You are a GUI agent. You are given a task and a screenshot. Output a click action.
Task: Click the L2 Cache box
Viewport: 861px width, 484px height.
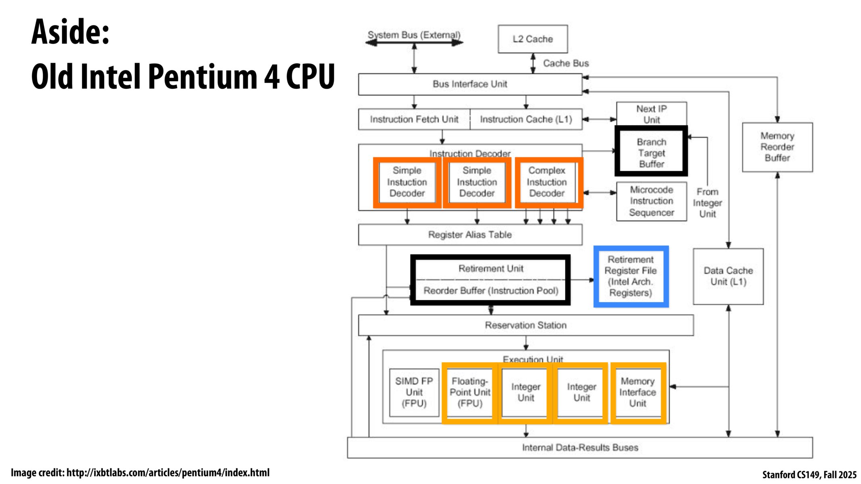pos(532,39)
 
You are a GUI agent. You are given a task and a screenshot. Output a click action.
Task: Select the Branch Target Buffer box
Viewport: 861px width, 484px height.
pos(651,152)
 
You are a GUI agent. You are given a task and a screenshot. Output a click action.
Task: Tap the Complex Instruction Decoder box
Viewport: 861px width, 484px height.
pos(547,182)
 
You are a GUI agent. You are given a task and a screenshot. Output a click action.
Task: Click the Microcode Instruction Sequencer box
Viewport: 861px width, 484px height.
pos(651,201)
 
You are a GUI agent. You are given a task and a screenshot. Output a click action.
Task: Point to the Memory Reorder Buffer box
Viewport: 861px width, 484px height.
pos(777,147)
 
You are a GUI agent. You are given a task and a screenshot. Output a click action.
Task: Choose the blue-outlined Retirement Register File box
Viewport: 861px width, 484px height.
pos(631,276)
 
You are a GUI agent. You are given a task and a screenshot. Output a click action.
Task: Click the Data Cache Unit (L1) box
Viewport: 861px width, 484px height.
pos(728,276)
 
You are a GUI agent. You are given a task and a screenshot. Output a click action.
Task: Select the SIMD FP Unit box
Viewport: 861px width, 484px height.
pos(414,392)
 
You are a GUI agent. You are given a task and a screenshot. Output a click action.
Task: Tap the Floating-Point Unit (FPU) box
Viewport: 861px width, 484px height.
pos(470,392)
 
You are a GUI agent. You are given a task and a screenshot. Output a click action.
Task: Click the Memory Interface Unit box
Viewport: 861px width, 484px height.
pos(637,392)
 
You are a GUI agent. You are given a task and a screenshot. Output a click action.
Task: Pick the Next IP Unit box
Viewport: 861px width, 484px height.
pos(651,114)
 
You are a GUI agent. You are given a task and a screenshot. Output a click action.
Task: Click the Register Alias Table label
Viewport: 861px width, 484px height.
pos(470,235)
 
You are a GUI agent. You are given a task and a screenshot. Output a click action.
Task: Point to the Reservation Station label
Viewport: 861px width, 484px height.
pos(526,325)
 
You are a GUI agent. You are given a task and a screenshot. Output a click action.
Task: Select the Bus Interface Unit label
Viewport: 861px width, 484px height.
pos(470,84)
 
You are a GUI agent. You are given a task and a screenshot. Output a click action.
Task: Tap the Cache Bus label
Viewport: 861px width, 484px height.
pos(566,63)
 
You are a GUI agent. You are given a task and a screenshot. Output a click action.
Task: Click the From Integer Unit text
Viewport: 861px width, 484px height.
pos(707,203)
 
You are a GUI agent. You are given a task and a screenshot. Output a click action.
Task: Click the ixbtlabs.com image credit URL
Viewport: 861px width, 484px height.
pos(168,473)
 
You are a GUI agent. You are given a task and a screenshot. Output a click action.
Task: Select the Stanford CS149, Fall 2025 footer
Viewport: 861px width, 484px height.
pos(809,475)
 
